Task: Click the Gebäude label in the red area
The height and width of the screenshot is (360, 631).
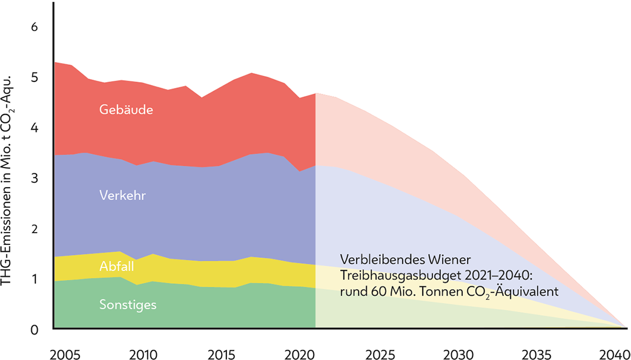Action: click(x=126, y=110)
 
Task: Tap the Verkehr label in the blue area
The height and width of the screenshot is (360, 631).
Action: click(x=123, y=195)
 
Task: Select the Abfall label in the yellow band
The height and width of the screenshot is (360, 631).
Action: click(x=116, y=266)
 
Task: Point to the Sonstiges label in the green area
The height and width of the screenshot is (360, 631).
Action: click(x=127, y=305)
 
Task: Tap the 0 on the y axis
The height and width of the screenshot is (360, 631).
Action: click(x=34, y=329)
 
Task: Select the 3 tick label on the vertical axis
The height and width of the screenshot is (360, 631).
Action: click(x=34, y=178)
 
